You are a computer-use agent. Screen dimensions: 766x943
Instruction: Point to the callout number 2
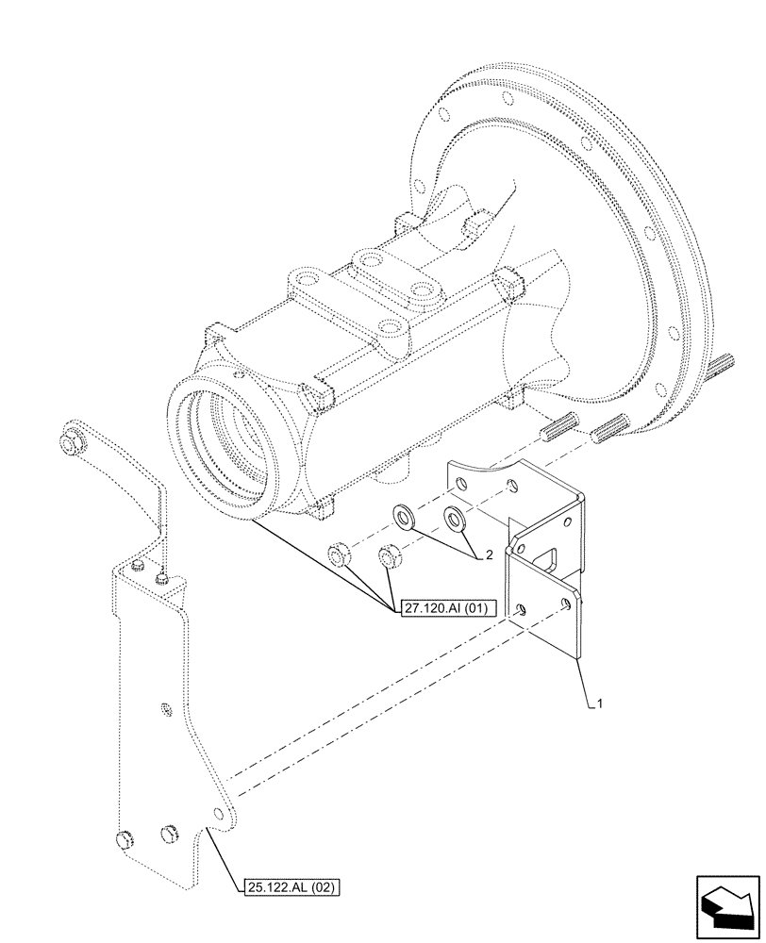tap(489, 555)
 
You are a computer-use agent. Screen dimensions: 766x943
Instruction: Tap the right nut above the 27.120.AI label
tap(388, 558)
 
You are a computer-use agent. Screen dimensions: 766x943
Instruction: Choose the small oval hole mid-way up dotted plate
tap(166, 707)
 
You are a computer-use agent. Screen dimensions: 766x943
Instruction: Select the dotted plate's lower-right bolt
tap(171, 831)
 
